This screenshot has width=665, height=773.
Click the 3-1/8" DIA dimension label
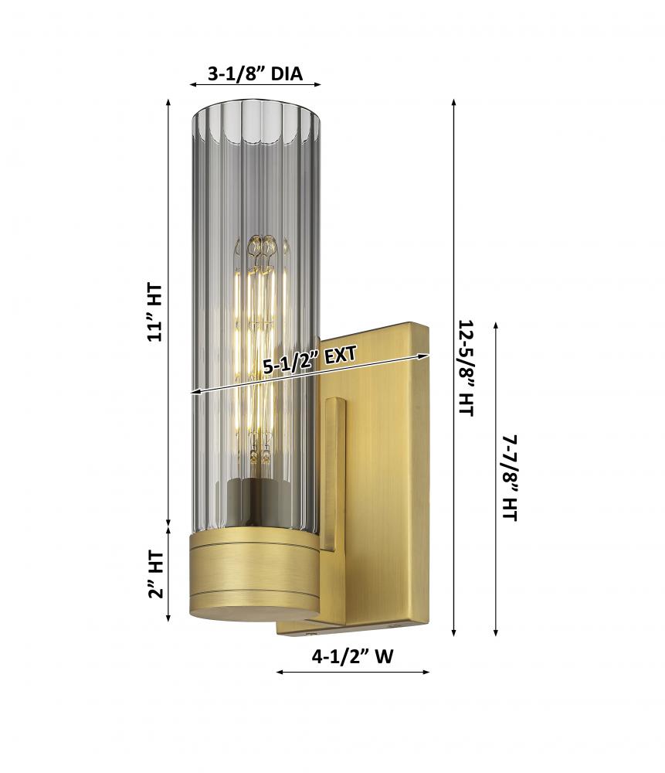255,74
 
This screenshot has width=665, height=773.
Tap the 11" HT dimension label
154,312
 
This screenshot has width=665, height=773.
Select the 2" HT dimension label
156,575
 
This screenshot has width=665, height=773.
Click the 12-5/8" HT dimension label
466,368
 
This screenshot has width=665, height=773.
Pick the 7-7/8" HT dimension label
510,477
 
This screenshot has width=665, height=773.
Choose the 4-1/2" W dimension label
353,656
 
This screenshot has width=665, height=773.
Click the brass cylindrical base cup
254,574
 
